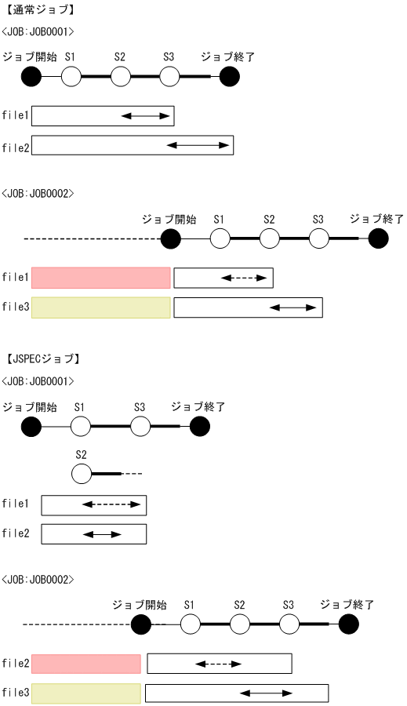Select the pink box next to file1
coord(100,278)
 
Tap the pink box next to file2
coord(86,664)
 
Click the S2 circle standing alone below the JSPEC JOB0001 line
coord(82,474)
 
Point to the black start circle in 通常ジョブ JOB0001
coord(31,76)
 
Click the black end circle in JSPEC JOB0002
coord(349,624)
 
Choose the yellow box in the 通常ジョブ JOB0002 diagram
coord(100,308)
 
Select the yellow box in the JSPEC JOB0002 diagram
coord(86,693)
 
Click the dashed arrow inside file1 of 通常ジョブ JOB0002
coord(238,278)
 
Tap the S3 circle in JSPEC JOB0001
coord(140,426)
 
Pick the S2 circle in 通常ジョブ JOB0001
coord(120,76)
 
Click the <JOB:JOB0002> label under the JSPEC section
coord(37,579)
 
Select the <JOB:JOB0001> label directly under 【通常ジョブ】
coord(37,32)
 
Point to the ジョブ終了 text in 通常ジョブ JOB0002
coord(376,218)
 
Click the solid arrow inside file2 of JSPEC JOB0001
coord(102,534)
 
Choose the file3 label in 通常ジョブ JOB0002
coord(16,308)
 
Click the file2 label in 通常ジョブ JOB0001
coord(16,146)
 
